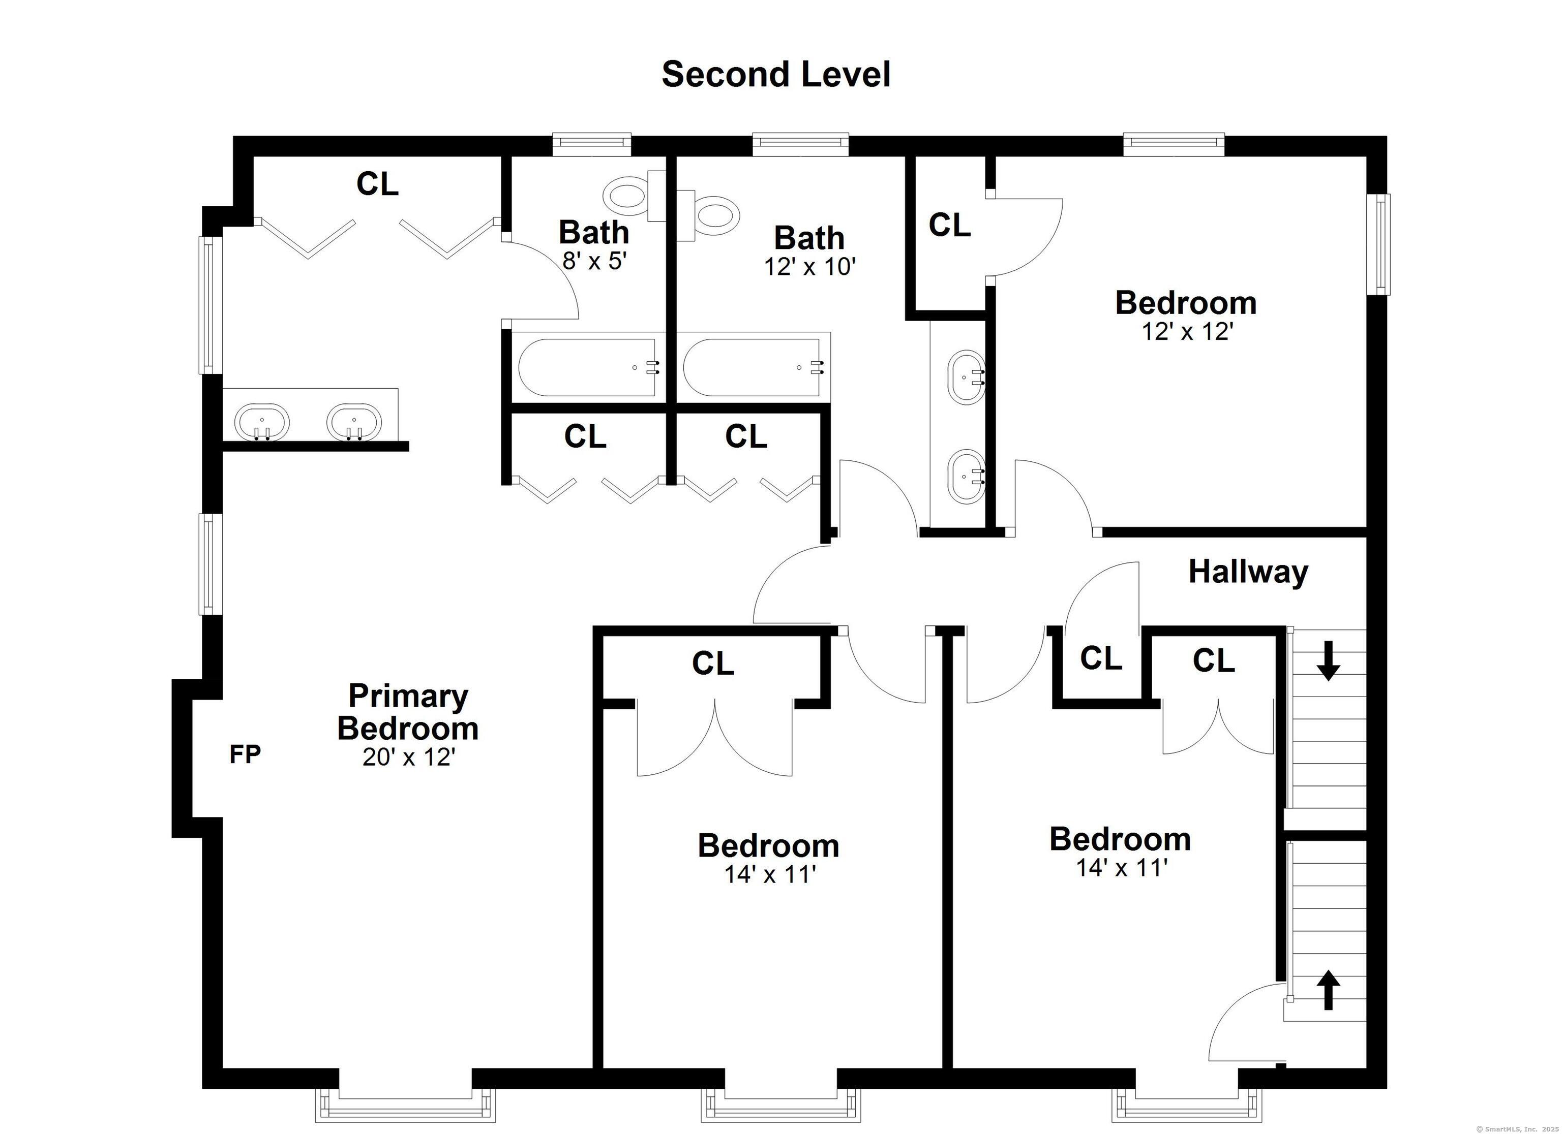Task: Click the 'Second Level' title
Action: pos(776,74)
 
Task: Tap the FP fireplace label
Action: pos(245,755)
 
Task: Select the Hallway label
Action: pos(1248,572)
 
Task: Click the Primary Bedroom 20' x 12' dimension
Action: pos(409,757)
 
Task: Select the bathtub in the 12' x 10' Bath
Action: pos(754,367)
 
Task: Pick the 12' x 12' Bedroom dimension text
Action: pos(1187,332)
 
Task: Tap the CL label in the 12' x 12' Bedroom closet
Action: pos(950,225)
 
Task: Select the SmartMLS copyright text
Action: pos(1515,1128)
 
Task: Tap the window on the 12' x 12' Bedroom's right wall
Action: pos(1379,244)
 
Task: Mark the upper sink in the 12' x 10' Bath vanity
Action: pos(967,376)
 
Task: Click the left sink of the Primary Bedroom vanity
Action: pos(262,422)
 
